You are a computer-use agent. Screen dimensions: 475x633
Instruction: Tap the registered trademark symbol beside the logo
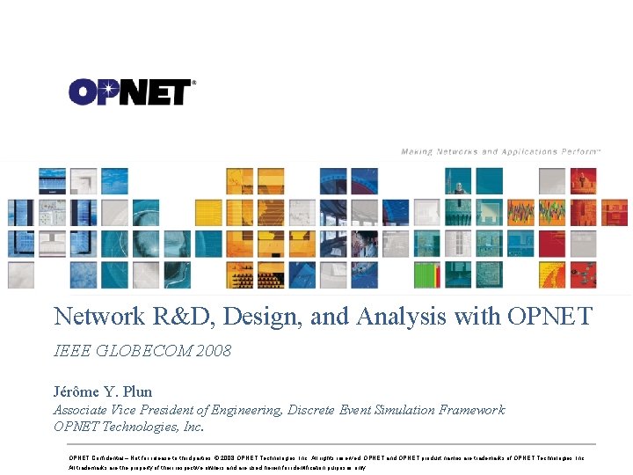pyautogui.click(x=193, y=83)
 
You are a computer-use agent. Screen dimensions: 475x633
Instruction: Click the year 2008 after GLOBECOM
pyautogui.click(x=215, y=352)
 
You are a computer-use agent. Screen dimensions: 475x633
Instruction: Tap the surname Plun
pyautogui.click(x=139, y=392)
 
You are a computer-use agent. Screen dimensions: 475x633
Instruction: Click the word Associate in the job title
pyautogui.click(x=81, y=410)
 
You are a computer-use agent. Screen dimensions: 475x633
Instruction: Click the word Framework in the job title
pyautogui.click(x=475, y=410)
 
